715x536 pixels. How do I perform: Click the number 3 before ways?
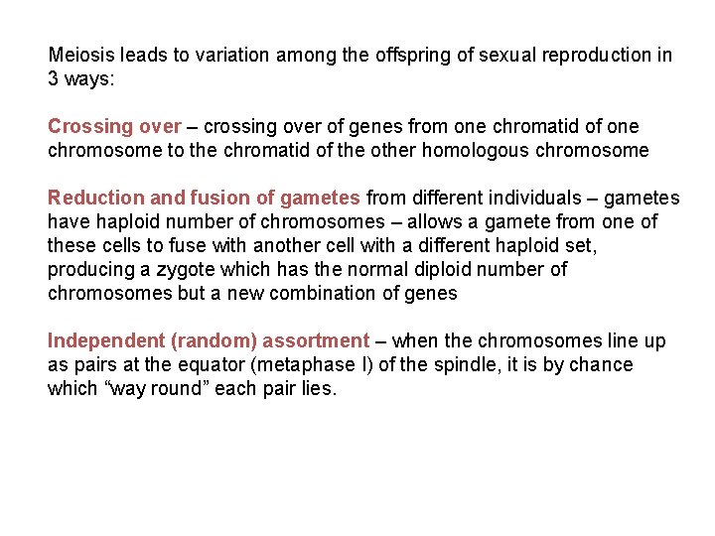click(53, 79)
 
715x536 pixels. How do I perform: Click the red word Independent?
click(106, 341)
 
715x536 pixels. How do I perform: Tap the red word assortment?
click(316, 341)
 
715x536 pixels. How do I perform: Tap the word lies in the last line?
click(316, 389)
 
